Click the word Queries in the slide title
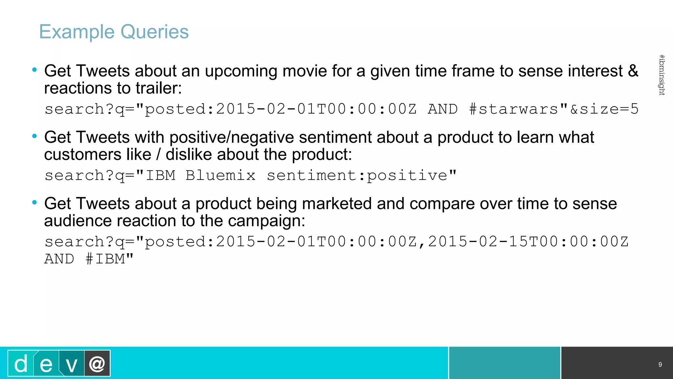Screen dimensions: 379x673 (x=154, y=32)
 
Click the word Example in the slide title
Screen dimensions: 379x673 (x=77, y=32)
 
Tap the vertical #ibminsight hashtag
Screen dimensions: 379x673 (x=662, y=75)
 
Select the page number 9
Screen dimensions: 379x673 (x=660, y=365)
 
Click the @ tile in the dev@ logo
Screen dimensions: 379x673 (x=97, y=364)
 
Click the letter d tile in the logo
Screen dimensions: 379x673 (x=21, y=364)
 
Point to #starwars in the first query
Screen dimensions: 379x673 (x=513, y=109)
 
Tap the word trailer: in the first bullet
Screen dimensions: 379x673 (x=159, y=88)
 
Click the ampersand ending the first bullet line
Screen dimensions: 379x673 (x=633, y=71)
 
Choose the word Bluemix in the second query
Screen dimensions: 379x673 (x=220, y=175)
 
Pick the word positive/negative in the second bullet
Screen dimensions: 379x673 (x=231, y=137)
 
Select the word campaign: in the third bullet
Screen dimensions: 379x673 (x=266, y=221)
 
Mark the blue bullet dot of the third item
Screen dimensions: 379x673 (x=35, y=202)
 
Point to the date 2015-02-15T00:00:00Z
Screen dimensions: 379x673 (x=528, y=242)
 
